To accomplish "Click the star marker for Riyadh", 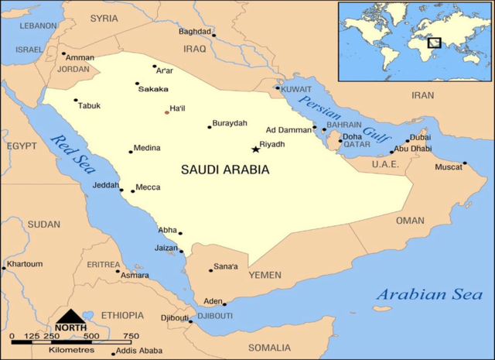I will tap(255, 149).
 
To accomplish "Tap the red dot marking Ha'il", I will tap(166, 112).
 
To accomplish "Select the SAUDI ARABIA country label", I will tap(225, 170).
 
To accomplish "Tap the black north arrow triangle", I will tap(72, 316).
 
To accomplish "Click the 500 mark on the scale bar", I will tap(90, 336).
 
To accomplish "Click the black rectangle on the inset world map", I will tap(435, 43).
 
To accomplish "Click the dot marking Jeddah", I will tap(121, 190).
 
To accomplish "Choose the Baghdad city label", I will tap(194, 32).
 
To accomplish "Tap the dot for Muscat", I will tap(465, 163).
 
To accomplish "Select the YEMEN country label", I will tap(265, 275).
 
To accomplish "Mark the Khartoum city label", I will tap(25, 264).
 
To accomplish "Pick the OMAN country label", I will tap(410, 221).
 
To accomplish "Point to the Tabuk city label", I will tap(89, 105).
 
